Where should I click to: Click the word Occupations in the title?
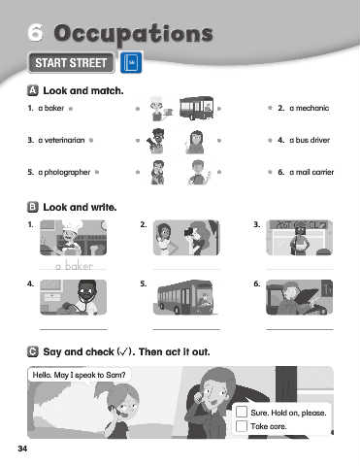[133, 34]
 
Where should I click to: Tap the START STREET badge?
[71, 63]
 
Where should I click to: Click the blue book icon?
[131, 62]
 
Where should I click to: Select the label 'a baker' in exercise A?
[51, 108]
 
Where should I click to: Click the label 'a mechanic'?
[310, 108]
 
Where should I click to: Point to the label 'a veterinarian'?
[61, 140]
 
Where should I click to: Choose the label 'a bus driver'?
[310, 140]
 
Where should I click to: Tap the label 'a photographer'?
[64, 172]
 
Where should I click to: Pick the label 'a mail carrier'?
[311, 172]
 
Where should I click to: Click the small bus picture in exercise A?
[197, 108]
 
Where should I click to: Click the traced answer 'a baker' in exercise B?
[74, 266]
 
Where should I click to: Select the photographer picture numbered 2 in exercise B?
[186, 238]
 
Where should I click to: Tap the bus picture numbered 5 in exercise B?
[186, 297]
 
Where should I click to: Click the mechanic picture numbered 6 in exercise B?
[299, 297]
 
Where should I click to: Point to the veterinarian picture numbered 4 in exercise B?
[73, 297]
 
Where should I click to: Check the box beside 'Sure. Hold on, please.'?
[242, 412]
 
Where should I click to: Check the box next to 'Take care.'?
[242, 426]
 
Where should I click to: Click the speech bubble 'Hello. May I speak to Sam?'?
[80, 375]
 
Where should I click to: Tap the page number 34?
[22, 449]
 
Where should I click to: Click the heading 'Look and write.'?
[80, 207]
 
